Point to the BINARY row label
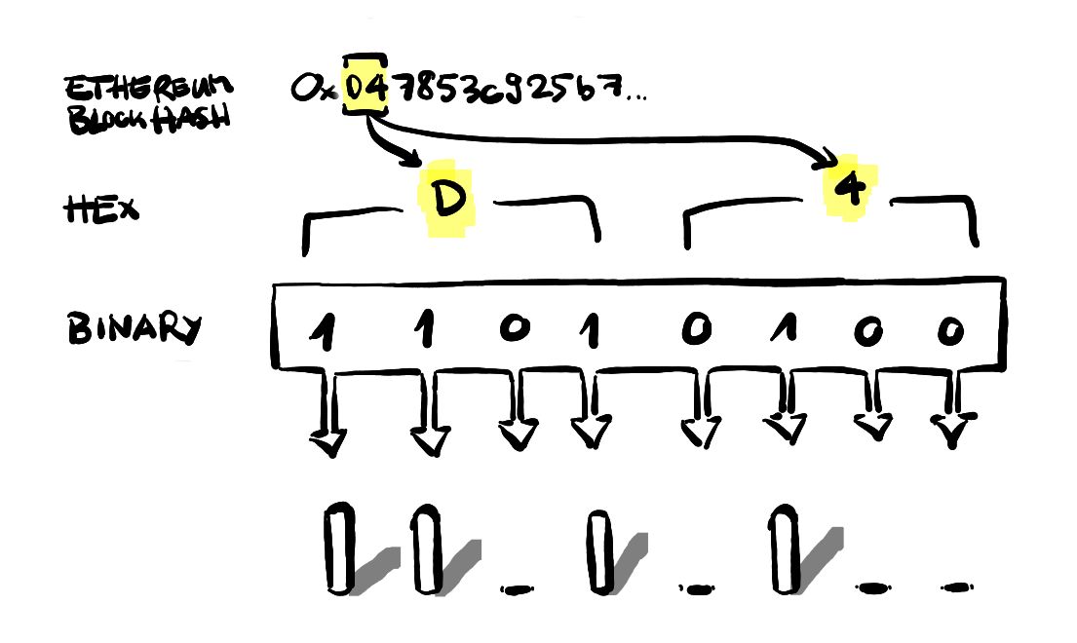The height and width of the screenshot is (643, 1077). tap(134, 329)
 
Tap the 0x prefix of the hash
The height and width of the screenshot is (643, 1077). tap(314, 90)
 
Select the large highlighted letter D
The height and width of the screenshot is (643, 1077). tap(446, 199)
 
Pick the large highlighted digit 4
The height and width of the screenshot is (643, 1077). tap(850, 189)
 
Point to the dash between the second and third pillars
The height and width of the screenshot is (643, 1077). tap(517, 587)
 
